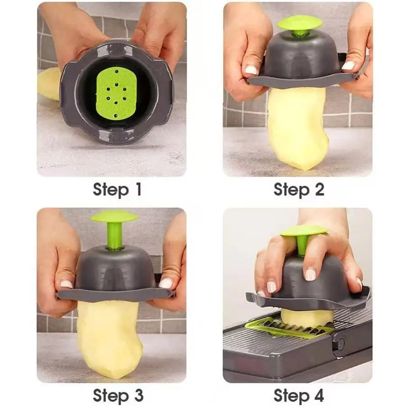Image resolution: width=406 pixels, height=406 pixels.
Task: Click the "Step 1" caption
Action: [x=117, y=189]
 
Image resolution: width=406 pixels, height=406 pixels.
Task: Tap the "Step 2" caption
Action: [x=299, y=189]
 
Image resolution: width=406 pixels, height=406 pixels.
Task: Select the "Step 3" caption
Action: [x=118, y=395]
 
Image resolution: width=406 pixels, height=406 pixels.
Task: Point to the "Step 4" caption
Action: [x=299, y=395]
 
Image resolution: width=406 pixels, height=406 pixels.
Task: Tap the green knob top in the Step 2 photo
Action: [x=300, y=23]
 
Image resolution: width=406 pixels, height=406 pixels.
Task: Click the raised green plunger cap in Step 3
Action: [x=115, y=217]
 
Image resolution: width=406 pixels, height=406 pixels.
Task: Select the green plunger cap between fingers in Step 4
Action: [x=303, y=231]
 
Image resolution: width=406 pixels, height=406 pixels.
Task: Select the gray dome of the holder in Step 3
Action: [x=115, y=268]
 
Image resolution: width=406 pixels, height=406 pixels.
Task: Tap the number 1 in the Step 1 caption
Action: [x=137, y=189]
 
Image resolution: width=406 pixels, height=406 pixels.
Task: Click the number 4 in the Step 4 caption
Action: [x=318, y=395]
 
